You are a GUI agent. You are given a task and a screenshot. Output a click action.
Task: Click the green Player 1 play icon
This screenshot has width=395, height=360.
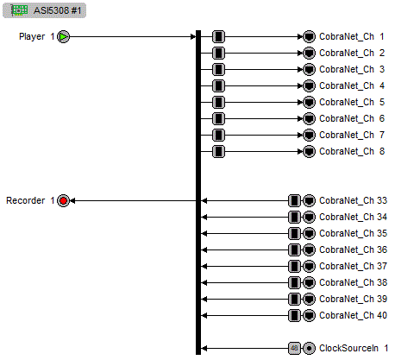[x=64, y=37]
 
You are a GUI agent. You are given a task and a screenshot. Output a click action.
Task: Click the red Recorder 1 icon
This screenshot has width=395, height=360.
[x=64, y=200]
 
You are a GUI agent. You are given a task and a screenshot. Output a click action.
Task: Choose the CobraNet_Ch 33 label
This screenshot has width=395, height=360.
[x=352, y=200]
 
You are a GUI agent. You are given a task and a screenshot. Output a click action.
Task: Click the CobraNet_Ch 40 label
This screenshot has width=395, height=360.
[x=352, y=315]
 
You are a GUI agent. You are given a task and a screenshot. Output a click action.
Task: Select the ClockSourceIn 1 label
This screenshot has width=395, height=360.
[x=354, y=348]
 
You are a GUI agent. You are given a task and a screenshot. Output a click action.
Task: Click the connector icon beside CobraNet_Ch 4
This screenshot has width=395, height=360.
[x=309, y=86]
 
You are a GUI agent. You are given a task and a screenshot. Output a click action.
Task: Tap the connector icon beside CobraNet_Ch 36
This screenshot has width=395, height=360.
[x=309, y=249]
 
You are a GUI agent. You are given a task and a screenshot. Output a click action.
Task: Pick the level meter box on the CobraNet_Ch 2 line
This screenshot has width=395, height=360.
[x=218, y=54]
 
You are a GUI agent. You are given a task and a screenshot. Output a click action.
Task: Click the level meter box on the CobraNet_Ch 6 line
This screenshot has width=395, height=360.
[x=218, y=119]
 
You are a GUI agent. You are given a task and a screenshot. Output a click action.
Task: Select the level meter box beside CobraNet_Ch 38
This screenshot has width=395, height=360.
[x=294, y=282]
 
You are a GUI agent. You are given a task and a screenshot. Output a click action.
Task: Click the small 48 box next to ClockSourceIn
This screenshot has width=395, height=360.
[x=294, y=348]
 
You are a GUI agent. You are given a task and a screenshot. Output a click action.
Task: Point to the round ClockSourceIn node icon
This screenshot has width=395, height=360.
[x=309, y=348]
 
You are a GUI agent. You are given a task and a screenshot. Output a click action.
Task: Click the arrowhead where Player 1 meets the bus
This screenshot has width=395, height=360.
[x=193, y=37]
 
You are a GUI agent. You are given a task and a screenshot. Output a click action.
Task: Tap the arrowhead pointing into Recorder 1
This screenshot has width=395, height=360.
[x=73, y=200]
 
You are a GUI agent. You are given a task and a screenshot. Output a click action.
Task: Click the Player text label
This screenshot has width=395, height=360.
[x=32, y=37]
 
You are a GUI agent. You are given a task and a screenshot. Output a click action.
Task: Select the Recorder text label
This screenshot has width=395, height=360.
[x=26, y=200]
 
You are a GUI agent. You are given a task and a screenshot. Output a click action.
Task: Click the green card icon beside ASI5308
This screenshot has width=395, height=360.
[x=19, y=9]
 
